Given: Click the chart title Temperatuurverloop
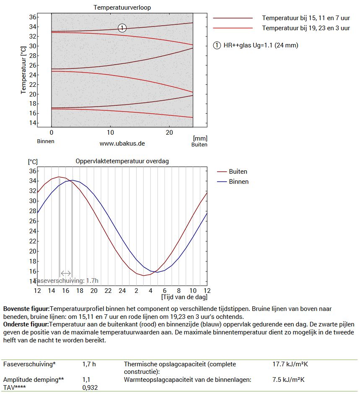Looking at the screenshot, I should [x=122, y=8].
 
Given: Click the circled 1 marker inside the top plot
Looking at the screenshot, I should [x=122, y=28].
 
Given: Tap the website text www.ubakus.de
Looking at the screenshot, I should [x=122, y=143].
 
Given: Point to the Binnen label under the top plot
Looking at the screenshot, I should [x=46, y=141].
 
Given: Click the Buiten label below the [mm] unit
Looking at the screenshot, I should [x=199, y=144].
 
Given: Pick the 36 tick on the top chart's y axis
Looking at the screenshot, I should [x=33, y=17].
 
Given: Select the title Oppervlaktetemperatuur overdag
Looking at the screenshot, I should [x=122, y=161].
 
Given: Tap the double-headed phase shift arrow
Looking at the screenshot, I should [x=66, y=273].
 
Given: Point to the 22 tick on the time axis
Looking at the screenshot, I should [x=108, y=290].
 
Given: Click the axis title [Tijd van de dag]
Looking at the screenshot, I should [x=184, y=297].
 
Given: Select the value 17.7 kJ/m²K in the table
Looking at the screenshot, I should [x=290, y=364].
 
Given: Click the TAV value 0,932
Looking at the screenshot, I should [x=90, y=388].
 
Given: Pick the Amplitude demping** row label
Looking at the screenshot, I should [x=34, y=380].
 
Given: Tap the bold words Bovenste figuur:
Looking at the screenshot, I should [x=26, y=309].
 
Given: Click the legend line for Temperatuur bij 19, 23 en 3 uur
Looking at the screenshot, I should [x=233, y=28].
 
